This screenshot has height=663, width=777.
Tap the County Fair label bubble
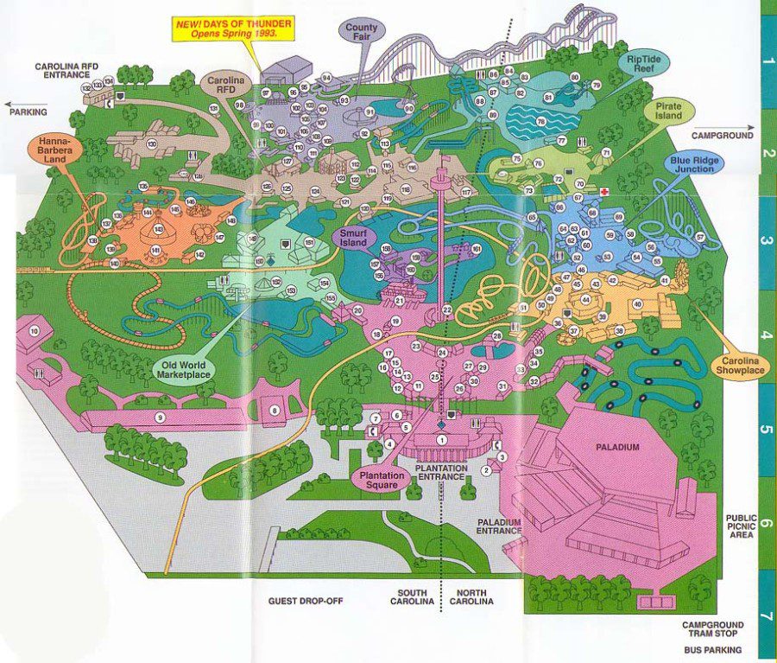click(x=363, y=33)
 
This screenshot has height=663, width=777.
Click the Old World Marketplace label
click(x=184, y=369)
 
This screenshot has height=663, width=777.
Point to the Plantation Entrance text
click(x=442, y=474)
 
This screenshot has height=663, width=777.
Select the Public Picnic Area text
click(x=742, y=523)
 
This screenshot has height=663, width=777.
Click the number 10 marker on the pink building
click(x=35, y=331)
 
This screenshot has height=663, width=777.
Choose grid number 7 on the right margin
click(x=767, y=619)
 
